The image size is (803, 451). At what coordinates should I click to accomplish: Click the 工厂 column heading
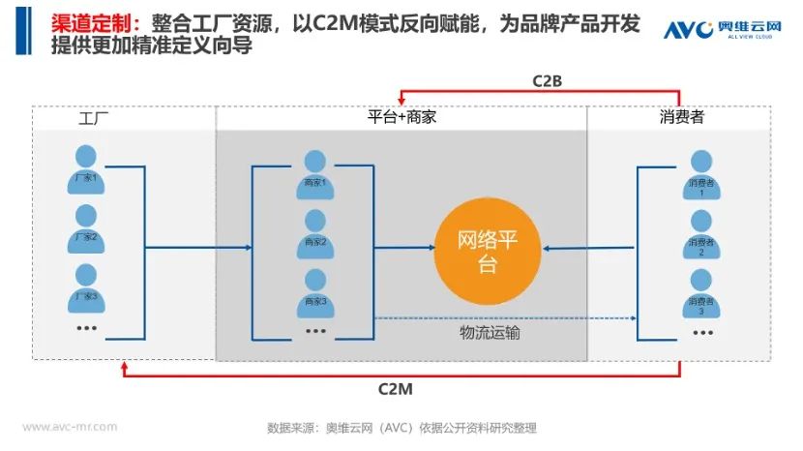tap(96, 120)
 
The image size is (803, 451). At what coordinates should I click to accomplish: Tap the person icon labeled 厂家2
tap(88, 226)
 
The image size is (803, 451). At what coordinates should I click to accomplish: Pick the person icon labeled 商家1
tap(315, 173)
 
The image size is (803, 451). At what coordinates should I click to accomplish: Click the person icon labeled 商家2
tap(315, 232)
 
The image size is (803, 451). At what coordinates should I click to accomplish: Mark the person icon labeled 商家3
tap(315, 291)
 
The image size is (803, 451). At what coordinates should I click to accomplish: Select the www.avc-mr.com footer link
tap(70, 426)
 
